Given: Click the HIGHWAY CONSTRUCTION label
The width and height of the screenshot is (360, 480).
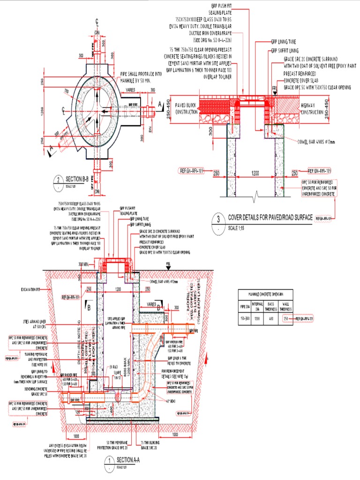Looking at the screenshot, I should point(312,109).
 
